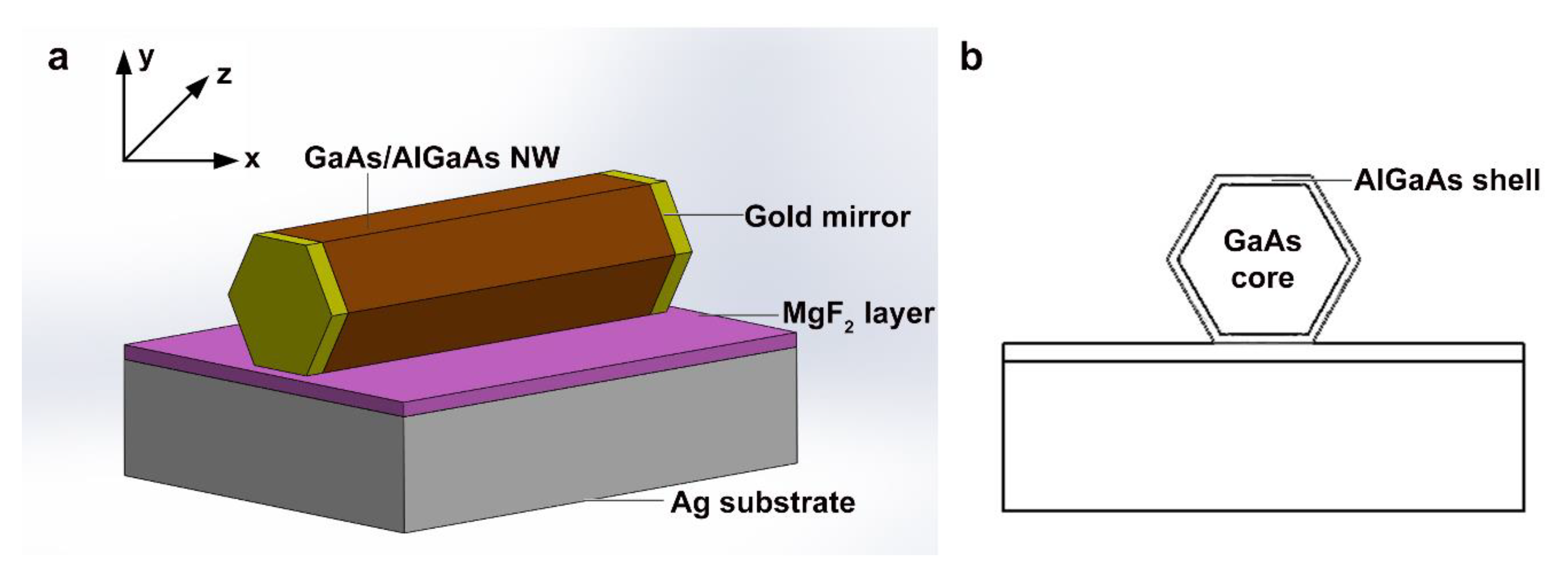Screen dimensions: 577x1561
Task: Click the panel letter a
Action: point(58,59)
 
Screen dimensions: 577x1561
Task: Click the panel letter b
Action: point(972,59)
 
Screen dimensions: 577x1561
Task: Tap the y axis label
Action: point(146,58)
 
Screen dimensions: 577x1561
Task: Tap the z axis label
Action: point(224,76)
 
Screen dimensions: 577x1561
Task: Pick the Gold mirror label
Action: point(827,216)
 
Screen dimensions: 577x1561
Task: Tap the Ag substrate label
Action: point(762,502)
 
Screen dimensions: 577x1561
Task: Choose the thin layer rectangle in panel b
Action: point(1263,352)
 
